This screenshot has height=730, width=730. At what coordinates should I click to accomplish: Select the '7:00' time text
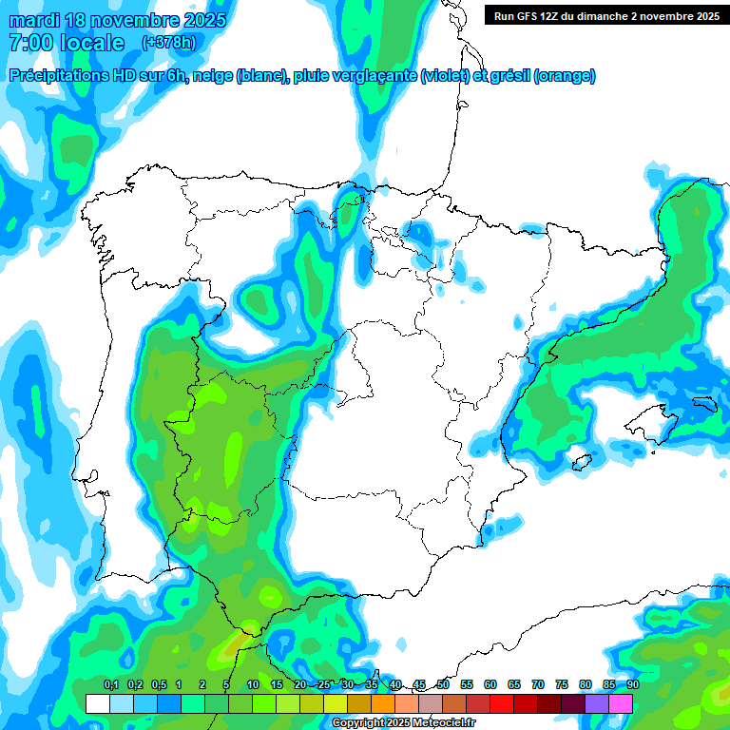(28, 43)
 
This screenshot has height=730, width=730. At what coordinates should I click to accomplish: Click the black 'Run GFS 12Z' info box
(606, 15)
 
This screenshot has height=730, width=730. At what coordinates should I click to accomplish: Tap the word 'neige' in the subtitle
(212, 76)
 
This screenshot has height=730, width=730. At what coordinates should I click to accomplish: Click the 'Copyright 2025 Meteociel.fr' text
(404, 723)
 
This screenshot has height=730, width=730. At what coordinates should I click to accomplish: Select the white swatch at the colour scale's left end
(97, 703)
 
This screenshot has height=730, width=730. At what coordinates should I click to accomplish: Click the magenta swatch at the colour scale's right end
(621, 703)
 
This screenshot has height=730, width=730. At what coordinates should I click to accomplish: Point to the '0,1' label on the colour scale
(111, 684)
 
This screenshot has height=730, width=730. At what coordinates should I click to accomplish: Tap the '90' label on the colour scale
(633, 684)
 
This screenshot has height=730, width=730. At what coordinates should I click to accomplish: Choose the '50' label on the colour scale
(443, 684)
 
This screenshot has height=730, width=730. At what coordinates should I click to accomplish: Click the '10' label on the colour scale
(253, 684)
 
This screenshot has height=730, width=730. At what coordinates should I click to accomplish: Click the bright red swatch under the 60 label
(502, 703)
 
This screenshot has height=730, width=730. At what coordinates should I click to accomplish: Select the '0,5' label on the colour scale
(159, 684)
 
